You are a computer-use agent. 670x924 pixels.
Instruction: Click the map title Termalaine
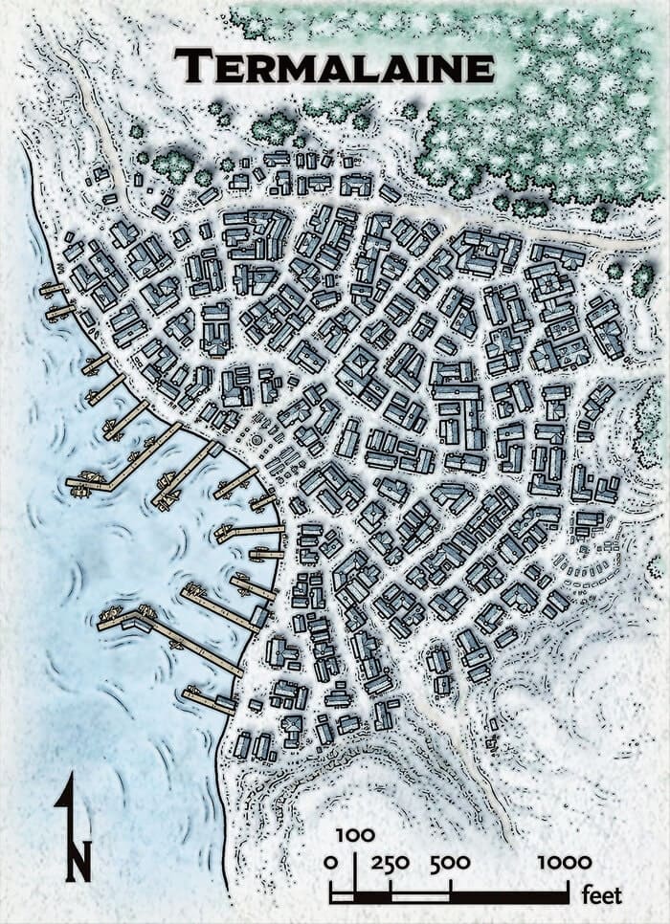(x=334, y=67)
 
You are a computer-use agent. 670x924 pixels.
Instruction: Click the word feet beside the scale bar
(x=602, y=896)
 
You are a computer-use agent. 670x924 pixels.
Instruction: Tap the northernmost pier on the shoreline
(x=56, y=288)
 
